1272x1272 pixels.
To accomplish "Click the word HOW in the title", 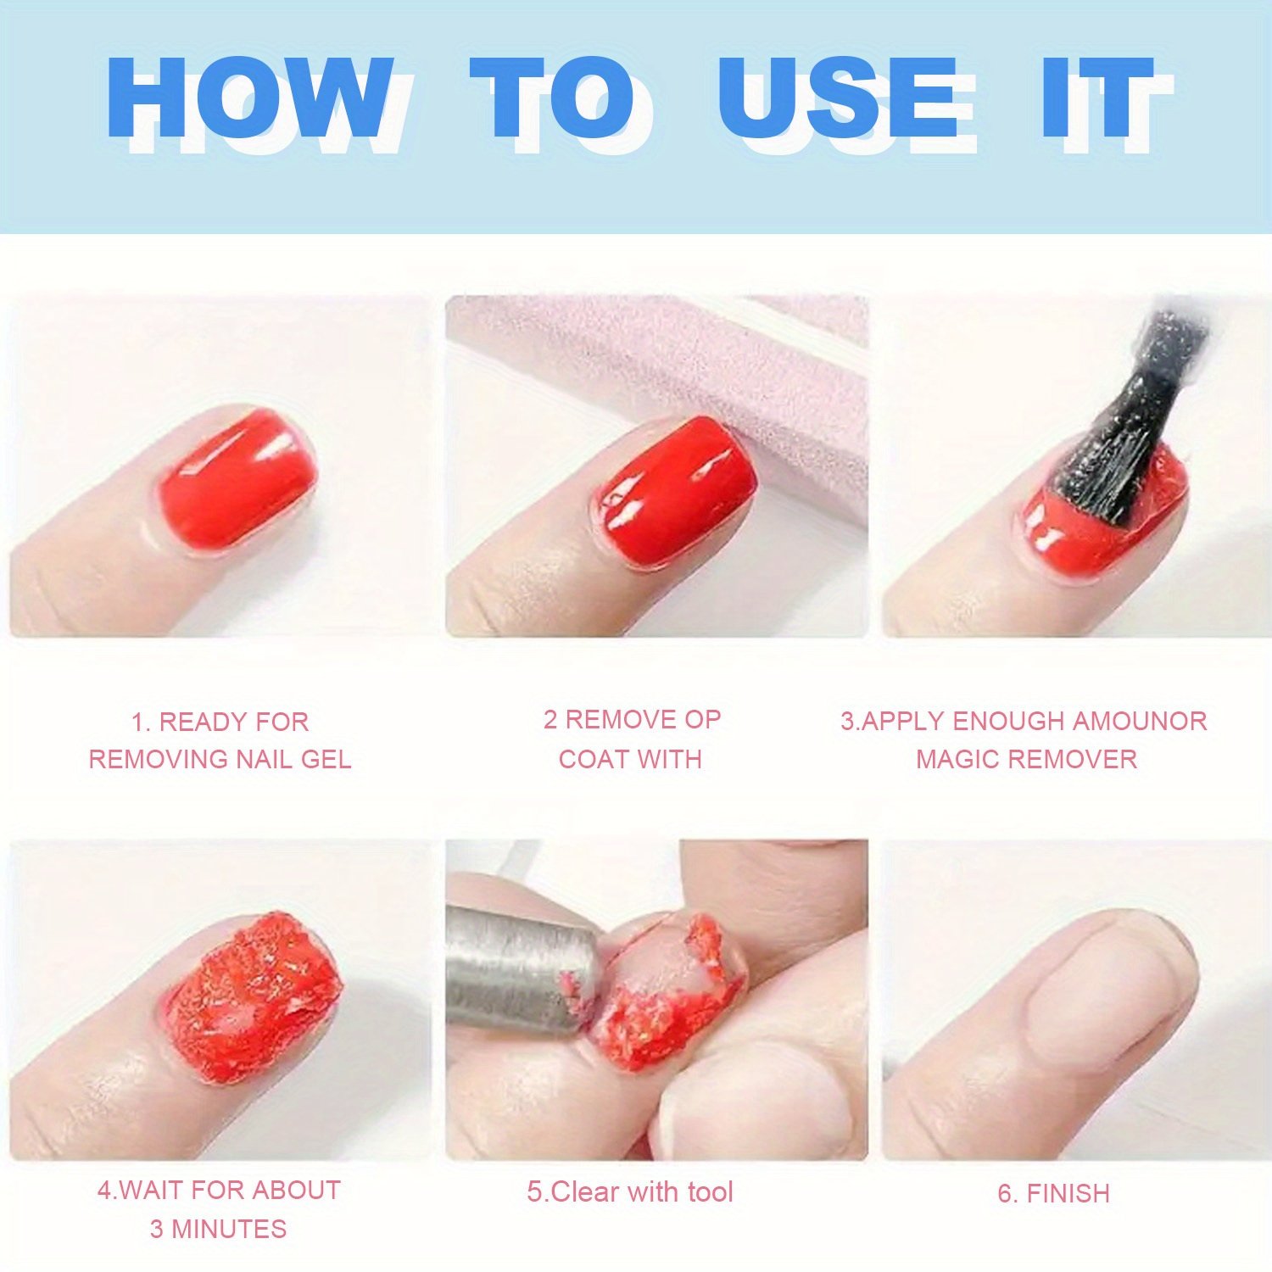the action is (251, 98).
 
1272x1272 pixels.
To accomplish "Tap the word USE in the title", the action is (839, 98).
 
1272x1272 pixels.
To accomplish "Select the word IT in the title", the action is (1099, 98).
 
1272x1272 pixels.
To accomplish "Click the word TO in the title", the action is (552, 98).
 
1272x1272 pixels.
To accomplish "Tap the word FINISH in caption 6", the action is (1068, 1193).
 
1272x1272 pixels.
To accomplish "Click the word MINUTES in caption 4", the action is (229, 1229).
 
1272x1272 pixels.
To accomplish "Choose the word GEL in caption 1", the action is (326, 759).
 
